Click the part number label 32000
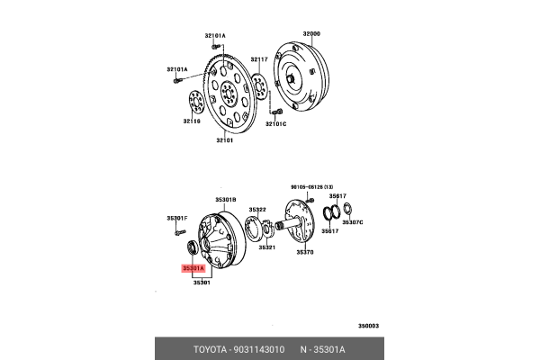pyautogui.click(x=311, y=33)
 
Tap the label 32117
pyautogui.click(x=259, y=59)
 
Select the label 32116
pyautogui.click(x=192, y=121)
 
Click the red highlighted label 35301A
pyautogui.click(x=193, y=267)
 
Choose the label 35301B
pyautogui.click(x=225, y=200)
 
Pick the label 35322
pyautogui.click(x=256, y=210)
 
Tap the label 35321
pyautogui.click(x=266, y=247)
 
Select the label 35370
pyautogui.click(x=305, y=253)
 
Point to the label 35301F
pyautogui.click(x=176, y=218)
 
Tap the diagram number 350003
pyautogui.click(x=368, y=325)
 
